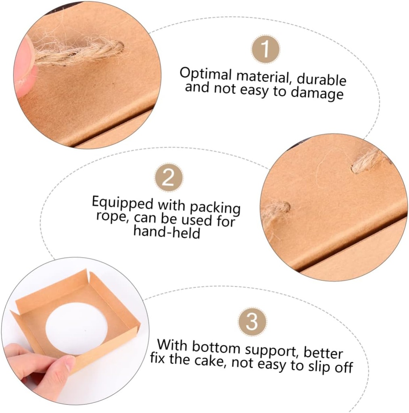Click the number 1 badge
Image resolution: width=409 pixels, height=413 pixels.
point(265,49)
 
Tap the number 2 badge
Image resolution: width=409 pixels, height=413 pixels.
point(169,178)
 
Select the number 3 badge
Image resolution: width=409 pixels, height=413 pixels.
point(252,321)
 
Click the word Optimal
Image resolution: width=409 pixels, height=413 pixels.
point(205,75)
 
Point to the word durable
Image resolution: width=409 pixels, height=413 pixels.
point(321,79)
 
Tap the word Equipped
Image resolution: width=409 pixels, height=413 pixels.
point(123,202)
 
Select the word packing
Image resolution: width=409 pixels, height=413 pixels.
point(215,207)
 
